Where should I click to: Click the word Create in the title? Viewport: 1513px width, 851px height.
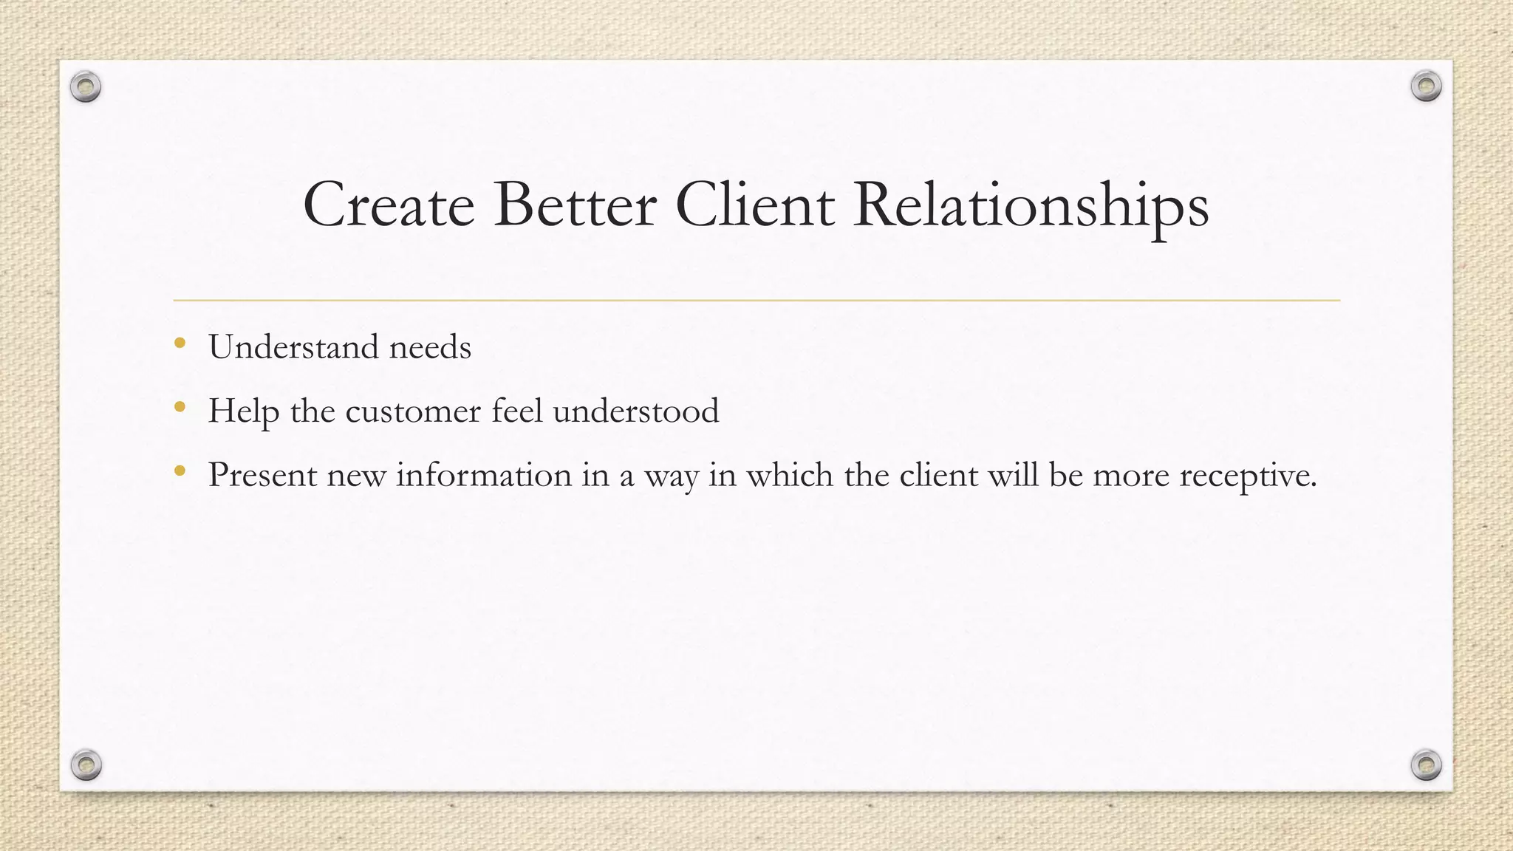point(389,205)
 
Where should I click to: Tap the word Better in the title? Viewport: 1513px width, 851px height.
point(575,205)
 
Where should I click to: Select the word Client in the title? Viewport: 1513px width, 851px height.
point(754,205)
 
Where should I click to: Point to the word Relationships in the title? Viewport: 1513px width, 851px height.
point(1031,207)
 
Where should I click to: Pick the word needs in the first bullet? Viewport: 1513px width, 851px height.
point(430,347)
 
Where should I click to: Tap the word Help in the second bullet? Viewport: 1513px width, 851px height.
point(243,411)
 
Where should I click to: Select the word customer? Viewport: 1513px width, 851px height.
point(413,411)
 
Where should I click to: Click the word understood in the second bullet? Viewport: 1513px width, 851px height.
point(635,411)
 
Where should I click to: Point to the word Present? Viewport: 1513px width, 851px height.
point(262,474)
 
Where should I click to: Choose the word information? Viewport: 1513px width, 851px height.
point(484,474)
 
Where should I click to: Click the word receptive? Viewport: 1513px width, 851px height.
point(1248,476)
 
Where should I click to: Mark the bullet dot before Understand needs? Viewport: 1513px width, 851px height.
point(180,343)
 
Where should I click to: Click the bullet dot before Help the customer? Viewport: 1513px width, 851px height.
point(180,406)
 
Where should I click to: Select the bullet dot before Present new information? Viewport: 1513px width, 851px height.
point(180,470)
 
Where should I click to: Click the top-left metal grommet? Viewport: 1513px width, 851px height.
point(86,87)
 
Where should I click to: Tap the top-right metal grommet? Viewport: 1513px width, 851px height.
point(1426,86)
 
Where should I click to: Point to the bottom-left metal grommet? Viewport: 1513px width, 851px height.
point(86,765)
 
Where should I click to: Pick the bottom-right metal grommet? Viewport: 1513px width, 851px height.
point(1426,765)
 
